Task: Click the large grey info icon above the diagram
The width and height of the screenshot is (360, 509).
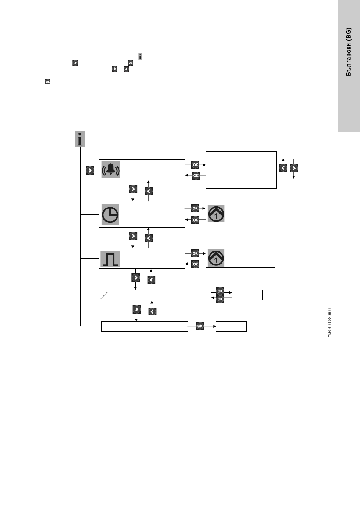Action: pos(80,139)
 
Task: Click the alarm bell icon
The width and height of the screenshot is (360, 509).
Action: pos(111,170)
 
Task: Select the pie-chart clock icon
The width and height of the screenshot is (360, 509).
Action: pos(110,214)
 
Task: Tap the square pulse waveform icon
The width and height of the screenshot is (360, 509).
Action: pos(110,259)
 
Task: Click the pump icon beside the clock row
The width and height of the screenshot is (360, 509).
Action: pos(216,214)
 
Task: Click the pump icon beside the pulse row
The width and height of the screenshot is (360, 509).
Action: pos(216,258)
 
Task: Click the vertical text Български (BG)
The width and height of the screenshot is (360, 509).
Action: pos(349,52)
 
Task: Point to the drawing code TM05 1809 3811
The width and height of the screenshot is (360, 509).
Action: pos(330,322)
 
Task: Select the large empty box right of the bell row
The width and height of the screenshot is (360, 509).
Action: pos(241,170)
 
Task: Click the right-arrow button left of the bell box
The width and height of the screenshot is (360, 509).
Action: pos(90,170)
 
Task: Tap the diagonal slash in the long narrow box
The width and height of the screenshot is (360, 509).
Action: pos(105,295)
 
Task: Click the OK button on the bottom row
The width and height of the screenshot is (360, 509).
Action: pos(200,326)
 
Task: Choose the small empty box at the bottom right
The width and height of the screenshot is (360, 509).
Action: pos(231,326)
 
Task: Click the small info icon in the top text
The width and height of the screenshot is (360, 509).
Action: pos(140,57)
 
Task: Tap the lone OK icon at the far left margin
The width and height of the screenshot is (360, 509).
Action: pos(48,81)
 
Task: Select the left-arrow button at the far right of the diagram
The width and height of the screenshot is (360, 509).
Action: pos(283,168)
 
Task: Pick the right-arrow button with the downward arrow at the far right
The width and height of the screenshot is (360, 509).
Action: pos(294,168)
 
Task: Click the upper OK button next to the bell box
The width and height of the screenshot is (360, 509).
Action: pos(195,165)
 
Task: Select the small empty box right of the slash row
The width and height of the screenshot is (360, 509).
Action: pos(247,295)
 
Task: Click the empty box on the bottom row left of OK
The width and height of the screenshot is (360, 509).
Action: pos(144,326)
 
